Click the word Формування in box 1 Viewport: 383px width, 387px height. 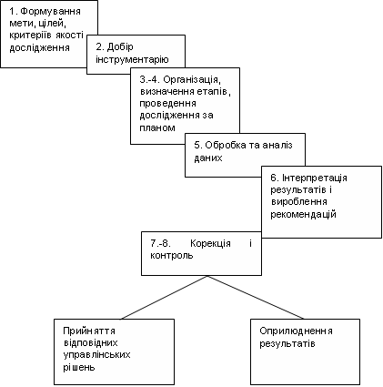[x=50, y=12]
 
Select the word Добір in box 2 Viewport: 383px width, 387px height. [x=120, y=47]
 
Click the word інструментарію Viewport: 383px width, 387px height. [x=132, y=59]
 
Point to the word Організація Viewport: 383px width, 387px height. [x=191, y=79]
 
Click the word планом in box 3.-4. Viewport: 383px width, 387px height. [x=157, y=127]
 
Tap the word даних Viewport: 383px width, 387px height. [x=208, y=158]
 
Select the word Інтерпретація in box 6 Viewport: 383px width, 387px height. [x=315, y=178]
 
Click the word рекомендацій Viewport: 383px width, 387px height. [x=303, y=214]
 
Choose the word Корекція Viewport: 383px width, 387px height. [x=210, y=243]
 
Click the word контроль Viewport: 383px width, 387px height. [x=172, y=256]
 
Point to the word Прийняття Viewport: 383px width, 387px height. [x=89, y=331]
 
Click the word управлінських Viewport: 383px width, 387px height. [x=96, y=355]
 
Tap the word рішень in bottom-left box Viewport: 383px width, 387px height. [x=79, y=367]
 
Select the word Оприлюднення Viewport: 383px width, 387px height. [x=296, y=331]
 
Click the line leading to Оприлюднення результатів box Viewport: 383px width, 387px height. [x=256, y=297]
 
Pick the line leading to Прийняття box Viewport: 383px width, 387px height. [x=165, y=297]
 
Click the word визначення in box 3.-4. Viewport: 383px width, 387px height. [x=166, y=92]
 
